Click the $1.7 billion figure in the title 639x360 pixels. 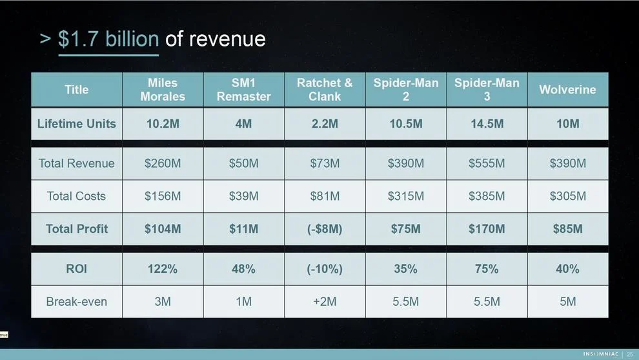coord(108,39)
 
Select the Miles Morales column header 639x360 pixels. coord(163,90)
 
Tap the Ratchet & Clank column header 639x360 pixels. coord(325,90)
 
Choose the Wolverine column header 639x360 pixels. coord(567,90)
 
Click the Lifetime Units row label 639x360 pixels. coord(77,124)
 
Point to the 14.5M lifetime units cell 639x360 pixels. coord(487,124)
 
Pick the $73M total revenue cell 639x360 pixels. coord(325,163)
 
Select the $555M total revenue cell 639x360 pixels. coord(487,163)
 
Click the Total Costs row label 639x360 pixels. coord(77,196)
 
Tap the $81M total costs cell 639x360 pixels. coord(325,196)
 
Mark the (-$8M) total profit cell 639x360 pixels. coord(325,229)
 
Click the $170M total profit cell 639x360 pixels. coord(487,229)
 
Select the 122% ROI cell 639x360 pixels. coord(163,269)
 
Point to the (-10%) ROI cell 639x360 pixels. coord(325,269)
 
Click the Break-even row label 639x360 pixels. coord(77,301)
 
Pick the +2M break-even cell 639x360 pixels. coord(325,301)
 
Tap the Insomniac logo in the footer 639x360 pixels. coord(600,354)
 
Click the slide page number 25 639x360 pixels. coord(630,354)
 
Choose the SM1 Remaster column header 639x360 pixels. coord(243,90)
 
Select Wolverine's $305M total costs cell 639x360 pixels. coord(567,196)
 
